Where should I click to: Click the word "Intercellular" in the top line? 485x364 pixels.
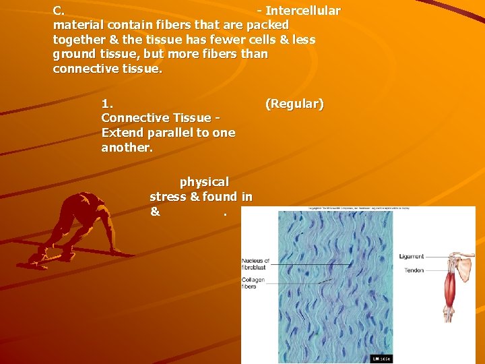coord(303,11)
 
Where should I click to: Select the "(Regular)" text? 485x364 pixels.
coord(294,104)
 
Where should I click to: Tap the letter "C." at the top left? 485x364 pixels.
coord(59,11)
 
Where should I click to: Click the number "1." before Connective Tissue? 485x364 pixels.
coord(107,104)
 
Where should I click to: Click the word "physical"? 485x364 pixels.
coord(204,182)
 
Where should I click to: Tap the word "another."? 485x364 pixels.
coord(127,148)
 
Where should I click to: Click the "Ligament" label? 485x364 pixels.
coord(412,257)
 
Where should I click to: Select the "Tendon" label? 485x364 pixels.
coord(414,270)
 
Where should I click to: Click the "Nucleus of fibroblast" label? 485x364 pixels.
coord(256,264)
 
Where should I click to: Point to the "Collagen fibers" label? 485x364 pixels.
coord(254,283)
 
